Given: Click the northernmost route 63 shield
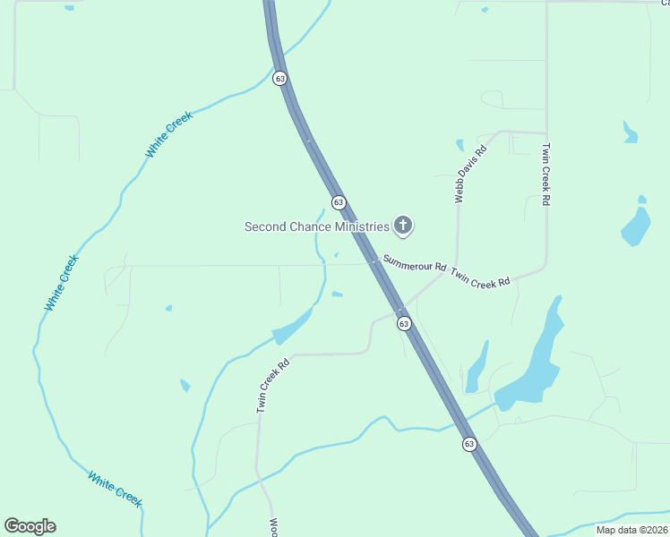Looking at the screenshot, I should [x=280, y=79].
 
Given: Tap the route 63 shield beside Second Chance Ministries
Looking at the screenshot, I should [x=339, y=202].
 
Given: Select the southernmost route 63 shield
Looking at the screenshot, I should [x=469, y=444].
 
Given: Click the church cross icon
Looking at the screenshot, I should [x=403, y=226].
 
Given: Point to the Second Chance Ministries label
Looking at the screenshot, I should [x=317, y=226].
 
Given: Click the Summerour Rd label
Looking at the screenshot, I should [x=415, y=264].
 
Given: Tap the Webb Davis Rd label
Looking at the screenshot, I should [x=470, y=174].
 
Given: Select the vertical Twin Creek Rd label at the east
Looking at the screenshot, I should [x=545, y=175].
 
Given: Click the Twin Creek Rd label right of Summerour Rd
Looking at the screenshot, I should [x=480, y=277].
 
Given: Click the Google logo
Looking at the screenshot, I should [x=30, y=526].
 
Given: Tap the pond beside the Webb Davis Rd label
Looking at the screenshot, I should [x=460, y=144].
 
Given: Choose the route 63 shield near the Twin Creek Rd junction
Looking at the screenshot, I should [x=405, y=323].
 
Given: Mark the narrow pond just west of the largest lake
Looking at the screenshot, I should [x=477, y=367].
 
